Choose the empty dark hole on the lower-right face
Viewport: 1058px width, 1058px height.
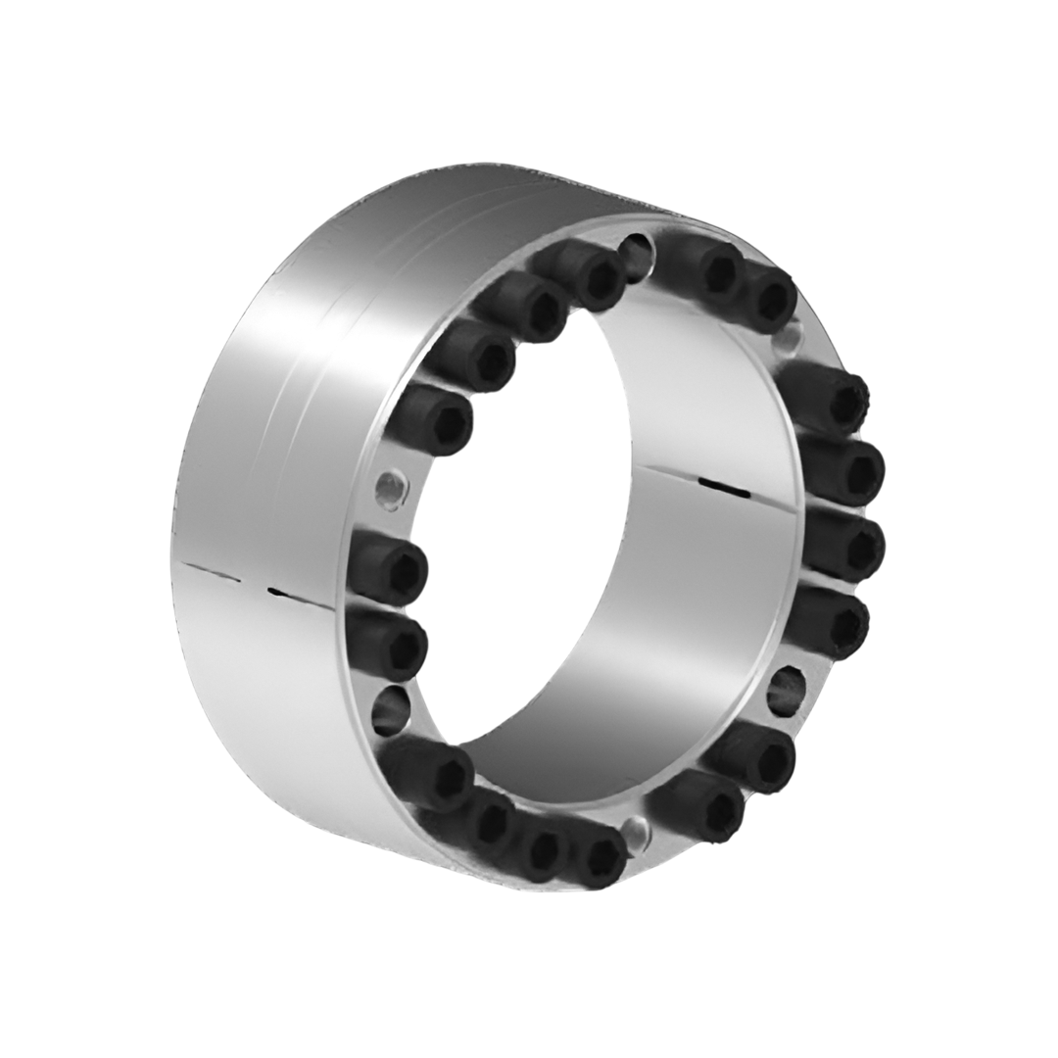tap(786, 691)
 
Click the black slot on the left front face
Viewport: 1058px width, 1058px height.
tap(290, 593)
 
